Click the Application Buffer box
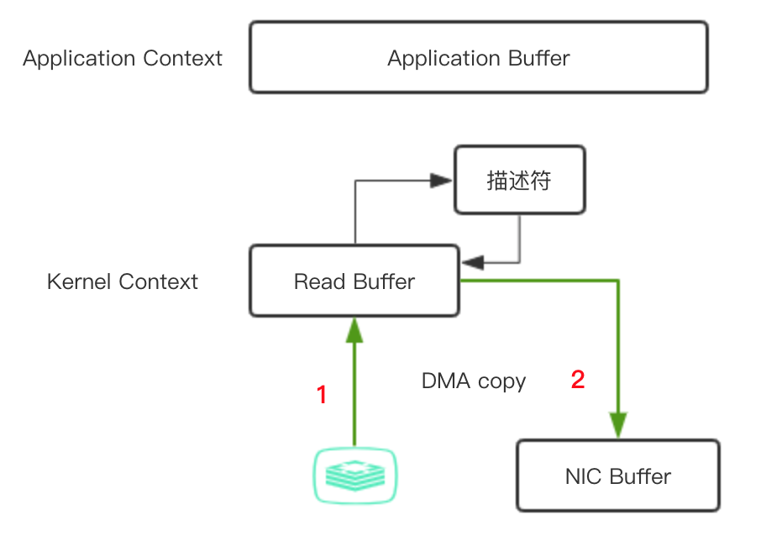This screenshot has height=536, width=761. pyautogui.click(x=478, y=57)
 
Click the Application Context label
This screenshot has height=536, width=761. pyautogui.click(x=123, y=59)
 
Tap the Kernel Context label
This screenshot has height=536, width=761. pyautogui.click(x=123, y=281)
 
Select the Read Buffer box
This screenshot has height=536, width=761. pyautogui.click(x=354, y=281)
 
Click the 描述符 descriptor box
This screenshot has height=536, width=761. pyautogui.click(x=519, y=180)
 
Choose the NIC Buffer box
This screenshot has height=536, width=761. pyautogui.click(x=617, y=476)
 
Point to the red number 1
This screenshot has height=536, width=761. pyautogui.click(x=322, y=394)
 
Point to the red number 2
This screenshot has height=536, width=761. pyautogui.click(x=578, y=380)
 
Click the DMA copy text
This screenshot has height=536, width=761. pyautogui.click(x=474, y=381)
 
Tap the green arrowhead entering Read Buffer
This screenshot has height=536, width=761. pyautogui.click(x=354, y=330)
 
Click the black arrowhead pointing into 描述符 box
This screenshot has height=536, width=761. pyautogui.click(x=440, y=180)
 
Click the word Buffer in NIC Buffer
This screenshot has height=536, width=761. pyautogui.click(x=640, y=476)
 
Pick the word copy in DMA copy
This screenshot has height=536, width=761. pyautogui.click(x=501, y=382)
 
